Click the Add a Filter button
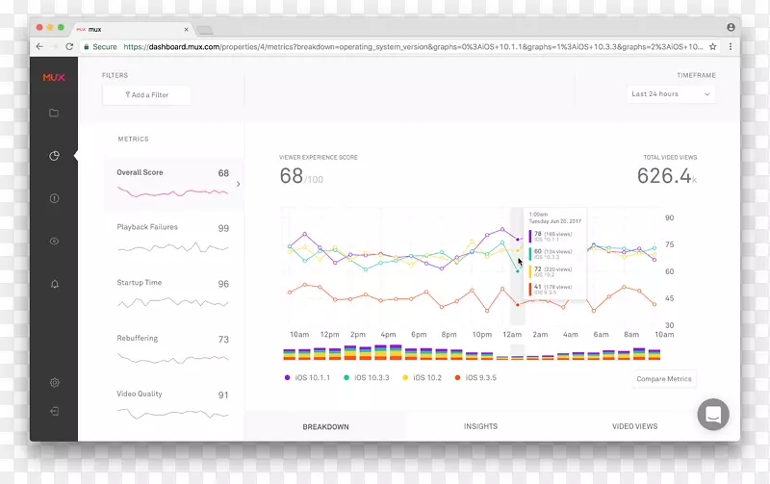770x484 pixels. [x=147, y=95]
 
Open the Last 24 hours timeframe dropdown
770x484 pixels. [x=671, y=94]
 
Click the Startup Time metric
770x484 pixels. [x=172, y=291]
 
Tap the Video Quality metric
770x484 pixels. [x=172, y=401]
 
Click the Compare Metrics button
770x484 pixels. [x=664, y=379]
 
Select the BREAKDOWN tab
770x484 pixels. [x=325, y=426]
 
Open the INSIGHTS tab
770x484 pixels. [x=480, y=426]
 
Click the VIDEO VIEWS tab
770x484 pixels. [x=635, y=426]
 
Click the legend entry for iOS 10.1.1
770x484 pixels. [x=308, y=378]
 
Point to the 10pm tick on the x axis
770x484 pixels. [x=481, y=334]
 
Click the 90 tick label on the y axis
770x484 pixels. [x=669, y=218]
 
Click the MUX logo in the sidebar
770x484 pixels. [x=54, y=77]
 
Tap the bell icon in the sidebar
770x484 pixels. [x=54, y=284]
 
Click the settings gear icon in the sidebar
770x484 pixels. [x=54, y=383]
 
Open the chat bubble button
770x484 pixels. [x=713, y=415]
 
